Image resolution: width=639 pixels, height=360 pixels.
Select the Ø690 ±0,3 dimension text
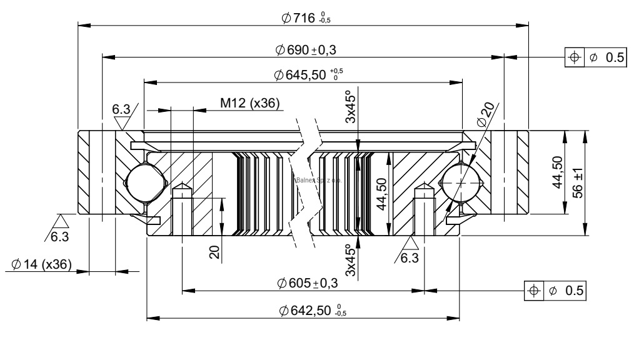(x=306, y=49)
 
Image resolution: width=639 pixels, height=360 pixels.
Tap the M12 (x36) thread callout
(x=249, y=102)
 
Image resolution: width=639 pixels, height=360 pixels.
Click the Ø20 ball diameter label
(x=485, y=114)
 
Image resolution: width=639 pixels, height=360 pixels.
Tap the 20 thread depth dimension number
(x=214, y=252)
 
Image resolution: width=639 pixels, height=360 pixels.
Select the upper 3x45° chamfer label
(x=351, y=108)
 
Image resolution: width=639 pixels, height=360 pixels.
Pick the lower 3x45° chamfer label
(x=351, y=259)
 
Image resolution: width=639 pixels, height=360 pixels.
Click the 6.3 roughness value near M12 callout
(x=121, y=110)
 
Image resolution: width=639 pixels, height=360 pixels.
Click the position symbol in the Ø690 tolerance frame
(x=573, y=57)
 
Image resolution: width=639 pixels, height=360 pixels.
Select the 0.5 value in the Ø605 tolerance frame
(x=574, y=291)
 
